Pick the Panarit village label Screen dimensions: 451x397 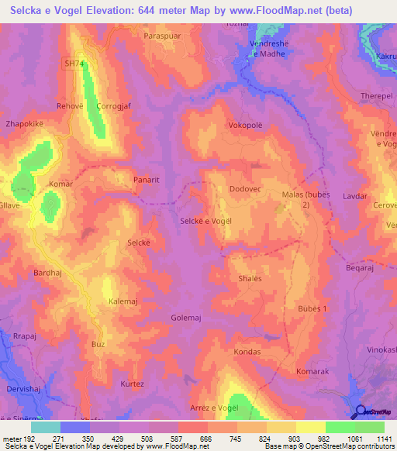[146, 179]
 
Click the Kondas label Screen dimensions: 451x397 [247, 351]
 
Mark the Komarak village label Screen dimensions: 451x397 [312, 372]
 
